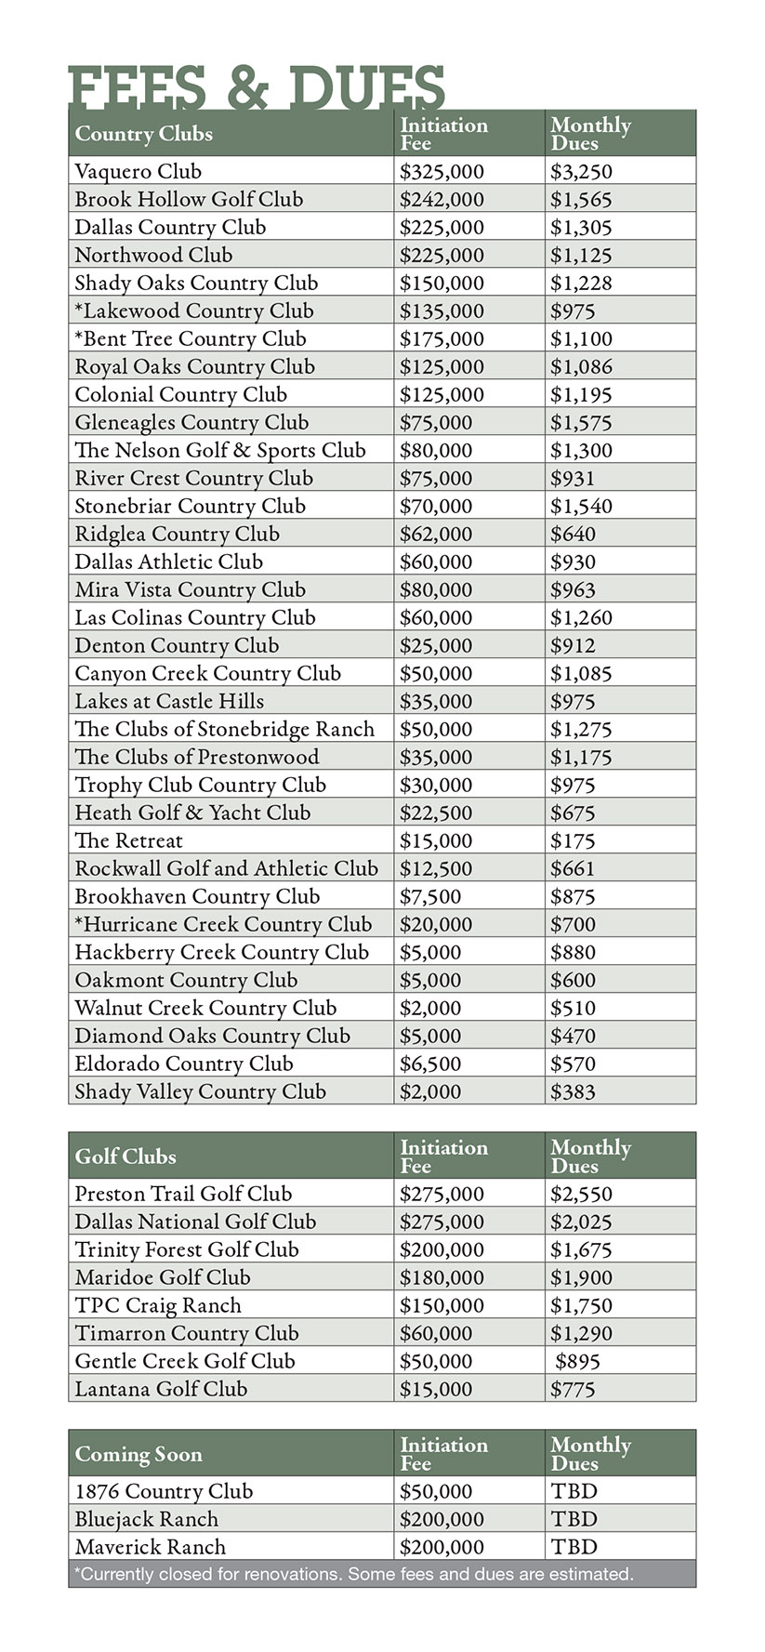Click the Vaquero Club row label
[x=138, y=171]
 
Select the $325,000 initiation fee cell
[x=442, y=171]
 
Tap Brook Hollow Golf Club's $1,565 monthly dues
[x=581, y=199]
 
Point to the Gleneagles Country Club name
[x=191, y=422]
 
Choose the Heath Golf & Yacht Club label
[x=192, y=813]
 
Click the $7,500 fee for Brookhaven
[x=429, y=896]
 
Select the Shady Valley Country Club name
[x=200, y=1091]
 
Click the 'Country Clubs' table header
[x=143, y=134]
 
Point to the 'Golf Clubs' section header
[x=125, y=1156]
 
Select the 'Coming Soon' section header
[x=138, y=1454]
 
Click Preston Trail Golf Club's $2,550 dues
[x=581, y=1194]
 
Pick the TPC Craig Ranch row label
[x=158, y=1305]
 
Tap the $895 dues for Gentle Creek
[x=577, y=1361]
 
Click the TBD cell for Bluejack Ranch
[x=574, y=1519]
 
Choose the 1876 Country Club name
[x=164, y=1491]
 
